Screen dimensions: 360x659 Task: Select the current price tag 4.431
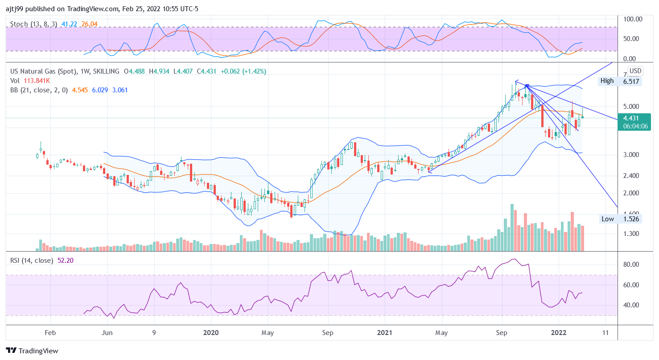(x=631, y=118)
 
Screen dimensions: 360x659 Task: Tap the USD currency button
(x=635, y=71)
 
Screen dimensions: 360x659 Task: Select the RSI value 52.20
(x=66, y=261)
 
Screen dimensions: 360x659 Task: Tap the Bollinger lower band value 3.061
(x=121, y=90)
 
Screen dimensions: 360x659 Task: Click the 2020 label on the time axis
(x=210, y=332)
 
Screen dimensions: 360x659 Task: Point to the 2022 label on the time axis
(x=559, y=332)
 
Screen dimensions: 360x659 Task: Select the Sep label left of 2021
(x=328, y=332)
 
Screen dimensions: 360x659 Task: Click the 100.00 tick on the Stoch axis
(x=633, y=19)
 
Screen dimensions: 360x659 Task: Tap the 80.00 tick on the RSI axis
(x=633, y=265)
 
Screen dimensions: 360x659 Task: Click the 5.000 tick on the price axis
(x=633, y=106)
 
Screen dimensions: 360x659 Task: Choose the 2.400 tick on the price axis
(x=633, y=175)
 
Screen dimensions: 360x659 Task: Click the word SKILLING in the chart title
(x=106, y=71)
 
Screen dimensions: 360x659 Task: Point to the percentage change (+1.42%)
(x=253, y=71)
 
